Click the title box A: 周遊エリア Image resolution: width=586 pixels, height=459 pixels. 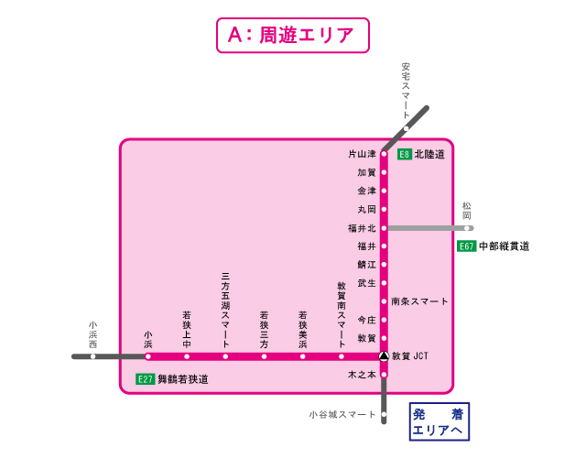(x=292, y=36)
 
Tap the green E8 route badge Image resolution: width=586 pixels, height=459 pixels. (x=404, y=155)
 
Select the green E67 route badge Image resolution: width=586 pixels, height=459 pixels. (x=467, y=246)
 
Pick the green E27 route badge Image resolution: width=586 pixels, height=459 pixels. (x=145, y=378)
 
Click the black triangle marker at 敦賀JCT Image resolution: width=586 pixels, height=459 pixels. (x=384, y=356)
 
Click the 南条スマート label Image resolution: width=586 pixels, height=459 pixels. (x=419, y=301)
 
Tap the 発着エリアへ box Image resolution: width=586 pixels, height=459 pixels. (x=438, y=421)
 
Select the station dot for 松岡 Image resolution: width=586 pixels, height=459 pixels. (x=468, y=228)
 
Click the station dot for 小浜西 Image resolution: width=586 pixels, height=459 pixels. (x=92, y=356)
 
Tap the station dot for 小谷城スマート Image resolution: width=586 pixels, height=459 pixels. (x=384, y=415)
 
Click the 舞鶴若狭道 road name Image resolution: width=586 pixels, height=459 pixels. (x=183, y=378)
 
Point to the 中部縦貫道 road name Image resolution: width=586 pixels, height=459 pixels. (x=505, y=246)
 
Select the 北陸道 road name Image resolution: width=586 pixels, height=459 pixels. (x=429, y=155)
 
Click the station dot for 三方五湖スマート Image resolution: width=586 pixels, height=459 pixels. (x=225, y=356)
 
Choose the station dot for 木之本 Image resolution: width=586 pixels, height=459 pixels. (x=384, y=375)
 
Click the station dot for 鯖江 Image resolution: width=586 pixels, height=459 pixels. (x=384, y=265)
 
